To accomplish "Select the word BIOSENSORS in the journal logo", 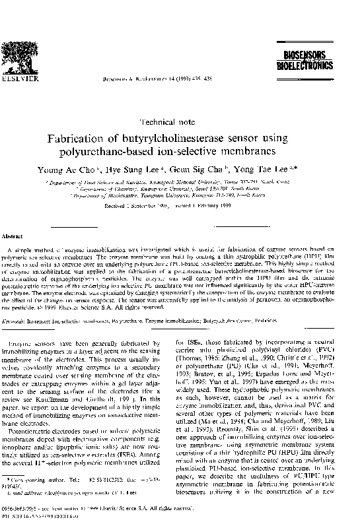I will coord(316,59).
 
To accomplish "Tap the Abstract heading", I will coord(15,236).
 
